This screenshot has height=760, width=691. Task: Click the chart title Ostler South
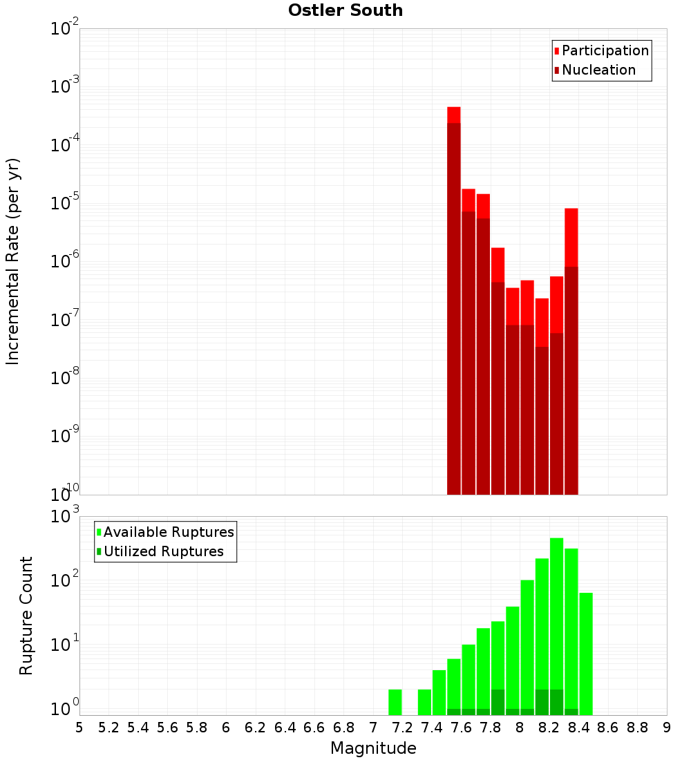tap(345, 10)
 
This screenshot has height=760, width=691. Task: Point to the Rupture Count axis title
tap(26, 616)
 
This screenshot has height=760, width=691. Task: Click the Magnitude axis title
tap(373, 748)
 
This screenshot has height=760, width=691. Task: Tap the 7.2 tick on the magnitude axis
tap(402, 728)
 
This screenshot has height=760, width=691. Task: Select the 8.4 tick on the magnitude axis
tap(578, 728)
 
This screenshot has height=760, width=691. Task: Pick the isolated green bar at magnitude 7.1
tap(395, 702)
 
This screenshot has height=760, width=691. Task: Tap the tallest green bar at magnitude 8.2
tap(557, 608)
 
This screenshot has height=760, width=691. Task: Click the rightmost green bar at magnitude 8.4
tap(586, 653)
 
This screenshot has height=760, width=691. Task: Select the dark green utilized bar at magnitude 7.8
tap(498, 702)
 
